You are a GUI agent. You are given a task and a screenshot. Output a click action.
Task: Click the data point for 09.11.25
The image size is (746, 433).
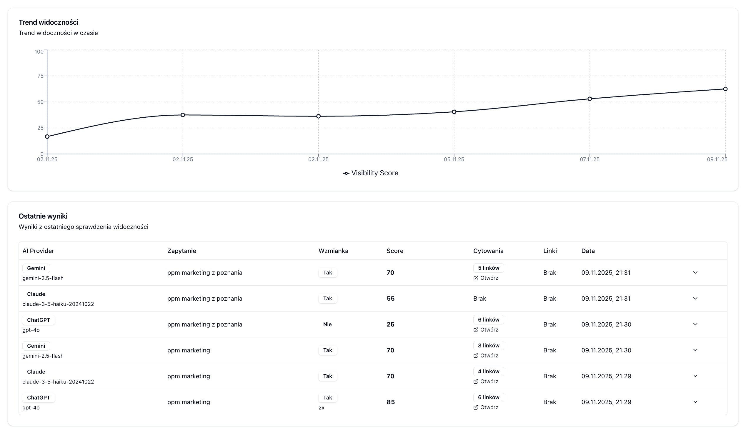click(725, 89)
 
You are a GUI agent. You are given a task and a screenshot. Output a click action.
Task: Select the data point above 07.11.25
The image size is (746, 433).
click(590, 99)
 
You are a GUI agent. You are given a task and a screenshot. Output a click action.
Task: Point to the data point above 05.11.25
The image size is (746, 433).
click(454, 112)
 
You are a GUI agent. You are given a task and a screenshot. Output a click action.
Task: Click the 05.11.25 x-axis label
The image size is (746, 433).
click(454, 159)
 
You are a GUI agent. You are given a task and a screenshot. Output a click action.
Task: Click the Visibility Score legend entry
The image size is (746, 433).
click(371, 173)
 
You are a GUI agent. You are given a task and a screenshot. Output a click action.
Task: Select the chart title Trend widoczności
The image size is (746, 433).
click(48, 22)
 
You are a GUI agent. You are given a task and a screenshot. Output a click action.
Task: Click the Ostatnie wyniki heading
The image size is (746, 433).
click(43, 216)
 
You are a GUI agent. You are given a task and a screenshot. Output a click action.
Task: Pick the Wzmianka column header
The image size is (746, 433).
click(333, 251)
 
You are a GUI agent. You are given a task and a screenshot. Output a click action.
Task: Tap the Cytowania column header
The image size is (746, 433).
click(488, 251)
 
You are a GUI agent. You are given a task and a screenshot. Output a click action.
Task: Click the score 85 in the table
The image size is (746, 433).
click(390, 402)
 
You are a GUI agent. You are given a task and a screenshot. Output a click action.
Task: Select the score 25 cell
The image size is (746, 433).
click(390, 324)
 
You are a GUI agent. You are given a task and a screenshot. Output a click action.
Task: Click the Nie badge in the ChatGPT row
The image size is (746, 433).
click(327, 324)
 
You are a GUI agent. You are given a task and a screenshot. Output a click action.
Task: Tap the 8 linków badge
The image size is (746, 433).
click(488, 346)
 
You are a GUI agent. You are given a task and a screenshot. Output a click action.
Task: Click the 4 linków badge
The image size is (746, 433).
click(488, 372)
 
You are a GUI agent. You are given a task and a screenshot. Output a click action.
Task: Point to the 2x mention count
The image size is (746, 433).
click(322, 408)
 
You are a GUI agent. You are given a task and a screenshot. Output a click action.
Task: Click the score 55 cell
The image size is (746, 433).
click(390, 299)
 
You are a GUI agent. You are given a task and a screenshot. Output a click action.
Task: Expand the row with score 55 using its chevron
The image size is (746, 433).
click(695, 298)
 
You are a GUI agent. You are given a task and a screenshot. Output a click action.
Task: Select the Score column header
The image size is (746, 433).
click(395, 251)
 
